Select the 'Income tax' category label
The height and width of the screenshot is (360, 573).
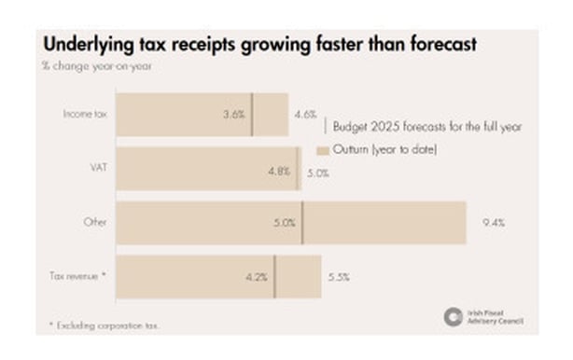tap(84, 114)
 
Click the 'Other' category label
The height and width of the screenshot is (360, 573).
tap(94, 222)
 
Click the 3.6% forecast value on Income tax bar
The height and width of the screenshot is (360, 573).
tap(234, 115)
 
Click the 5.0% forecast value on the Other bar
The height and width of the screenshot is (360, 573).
tap(285, 223)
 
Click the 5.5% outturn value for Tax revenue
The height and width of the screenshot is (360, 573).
tap(338, 277)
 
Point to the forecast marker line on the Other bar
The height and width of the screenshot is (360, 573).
tap(302, 223)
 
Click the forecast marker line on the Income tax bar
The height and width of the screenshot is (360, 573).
tap(252, 115)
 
